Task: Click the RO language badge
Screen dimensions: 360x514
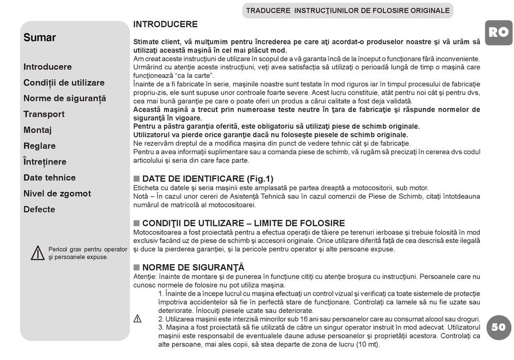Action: [498, 32]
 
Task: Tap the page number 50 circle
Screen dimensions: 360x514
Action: [498, 327]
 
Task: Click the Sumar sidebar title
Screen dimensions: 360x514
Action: [39, 38]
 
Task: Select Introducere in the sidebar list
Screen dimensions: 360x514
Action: [48, 67]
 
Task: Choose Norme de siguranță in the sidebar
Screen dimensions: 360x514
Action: [64, 99]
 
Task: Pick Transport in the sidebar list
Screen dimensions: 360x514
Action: [44, 114]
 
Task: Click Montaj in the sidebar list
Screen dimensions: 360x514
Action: [37, 130]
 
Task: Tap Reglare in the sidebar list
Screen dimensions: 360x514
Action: [39, 146]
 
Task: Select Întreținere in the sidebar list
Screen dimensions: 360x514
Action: [45, 162]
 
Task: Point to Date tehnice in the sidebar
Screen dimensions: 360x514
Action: [49, 178]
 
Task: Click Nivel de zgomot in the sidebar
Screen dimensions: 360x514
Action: [57, 194]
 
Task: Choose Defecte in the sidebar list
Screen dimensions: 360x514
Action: [39, 210]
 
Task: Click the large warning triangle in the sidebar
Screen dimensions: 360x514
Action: [37, 253]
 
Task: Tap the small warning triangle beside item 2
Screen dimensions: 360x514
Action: [137, 319]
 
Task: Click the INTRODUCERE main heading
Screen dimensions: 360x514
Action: [166, 24]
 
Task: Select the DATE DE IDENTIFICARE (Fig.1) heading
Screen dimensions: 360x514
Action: [208, 179]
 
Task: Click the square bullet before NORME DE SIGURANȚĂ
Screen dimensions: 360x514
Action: [137, 267]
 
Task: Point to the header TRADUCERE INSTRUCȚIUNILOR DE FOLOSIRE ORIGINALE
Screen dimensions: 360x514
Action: [347, 10]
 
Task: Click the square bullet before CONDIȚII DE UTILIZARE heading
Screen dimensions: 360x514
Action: [137, 223]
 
